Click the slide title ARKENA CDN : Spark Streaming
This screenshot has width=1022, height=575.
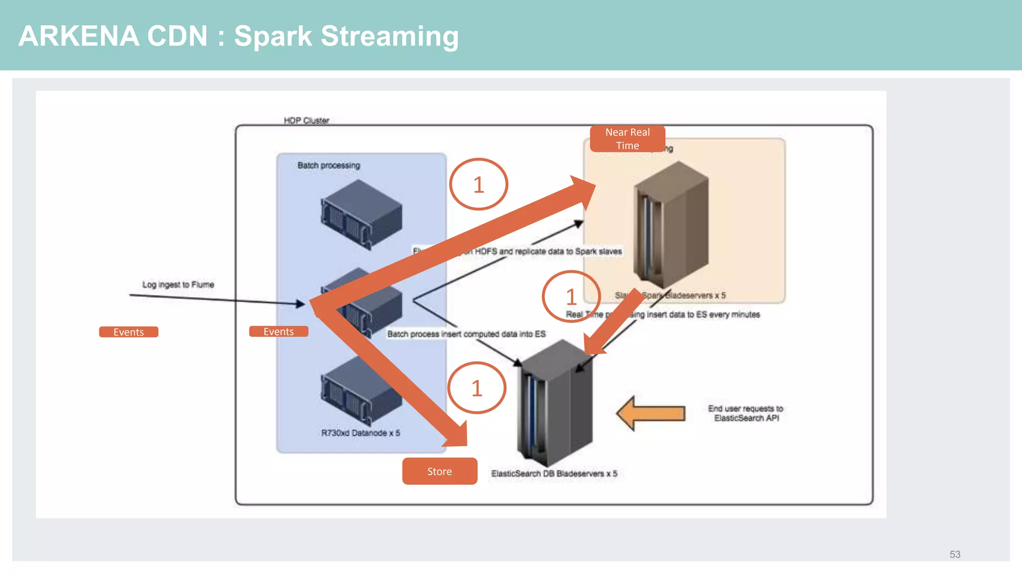pyautogui.click(x=238, y=36)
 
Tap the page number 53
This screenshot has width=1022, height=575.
pyautogui.click(x=955, y=555)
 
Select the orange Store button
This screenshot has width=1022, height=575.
pyautogui.click(x=439, y=471)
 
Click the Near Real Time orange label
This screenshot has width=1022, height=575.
pyautogui.click(x=627, y=139)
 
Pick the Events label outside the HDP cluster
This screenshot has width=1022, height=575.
pyautogui.click(x=128, y=332)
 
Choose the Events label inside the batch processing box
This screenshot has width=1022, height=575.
pyautogui.click(x=278, y=331)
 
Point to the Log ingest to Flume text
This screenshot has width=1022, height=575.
pyautogui.click(x=178, y=285)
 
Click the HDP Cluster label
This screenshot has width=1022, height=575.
pyautogui.click(x=306, y=120)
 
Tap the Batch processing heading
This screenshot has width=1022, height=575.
pyautogui.click(x=328, y=165)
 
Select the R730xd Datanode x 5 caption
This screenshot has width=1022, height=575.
pyautogui.click(x=360, y=433)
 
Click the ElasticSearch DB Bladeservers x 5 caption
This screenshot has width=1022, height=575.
pyautogui.click(x=554, y=473)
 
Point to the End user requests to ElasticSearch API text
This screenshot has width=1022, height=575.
pyautogui.click(x=746, y=413)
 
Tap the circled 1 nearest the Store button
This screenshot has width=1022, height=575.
pyautogui.click(x=477, y=388)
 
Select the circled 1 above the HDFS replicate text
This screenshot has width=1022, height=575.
pyautogui.click(x=478, y=185)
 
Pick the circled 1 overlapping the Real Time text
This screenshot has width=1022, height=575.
pyautogui.click(x=571, y=297)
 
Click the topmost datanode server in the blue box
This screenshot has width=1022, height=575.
pyautogui.click(x=361, y=215)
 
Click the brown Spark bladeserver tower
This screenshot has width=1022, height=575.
pyautogui.click(x=671, y=225)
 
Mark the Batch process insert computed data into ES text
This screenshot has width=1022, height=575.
pyautogui.click(x=466, y=334)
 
